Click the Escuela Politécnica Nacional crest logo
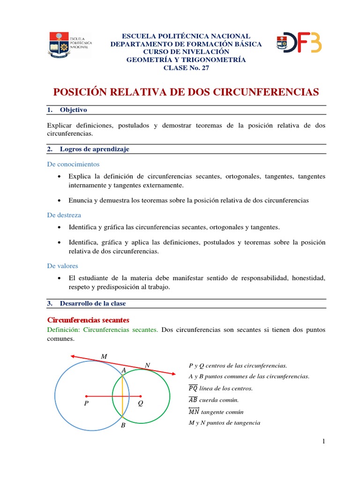pos(58,45)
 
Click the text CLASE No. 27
pos(186,67)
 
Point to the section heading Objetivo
pos(74,110)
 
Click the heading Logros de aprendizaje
pos(94,149)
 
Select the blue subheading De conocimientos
pos(73,164)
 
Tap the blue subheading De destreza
pos(64,215)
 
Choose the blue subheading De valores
pos(63,266)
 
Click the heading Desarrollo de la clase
pos(93,303)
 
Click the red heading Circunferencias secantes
pos(88,320)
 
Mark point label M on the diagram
pos(104,357)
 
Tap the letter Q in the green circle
pos(140,403)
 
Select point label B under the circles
pos(123,425)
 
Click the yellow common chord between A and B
pos(122,396)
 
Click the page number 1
pos(323,442)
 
